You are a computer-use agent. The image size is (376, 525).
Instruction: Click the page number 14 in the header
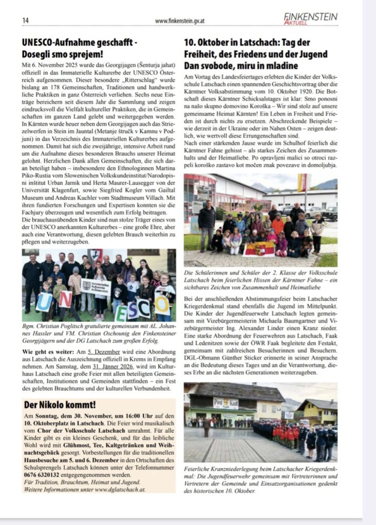(x=25, y=20)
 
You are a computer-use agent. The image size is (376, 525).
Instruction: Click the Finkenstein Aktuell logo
(x=310, y=18)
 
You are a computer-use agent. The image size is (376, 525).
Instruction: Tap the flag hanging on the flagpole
(x=302, y=183)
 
